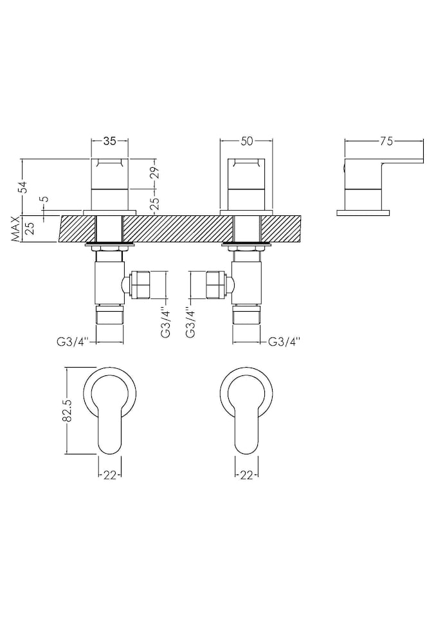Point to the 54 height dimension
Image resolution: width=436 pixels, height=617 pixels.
(24, 187)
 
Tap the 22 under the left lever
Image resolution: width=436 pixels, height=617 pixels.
(109, 475)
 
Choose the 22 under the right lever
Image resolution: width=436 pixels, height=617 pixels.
(246, 475)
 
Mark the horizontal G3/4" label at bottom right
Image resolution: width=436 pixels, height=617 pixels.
(284, 341)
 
